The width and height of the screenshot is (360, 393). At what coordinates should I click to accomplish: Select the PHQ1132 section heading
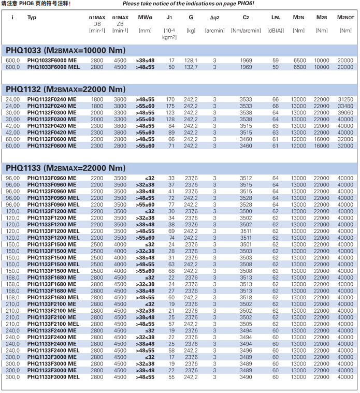(x=65, y=89)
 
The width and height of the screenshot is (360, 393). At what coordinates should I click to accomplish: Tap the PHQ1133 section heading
(x=65, y=168)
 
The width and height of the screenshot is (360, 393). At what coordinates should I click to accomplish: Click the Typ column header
(x=32, y=17)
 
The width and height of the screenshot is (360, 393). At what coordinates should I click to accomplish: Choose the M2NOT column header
(x=345, y=17)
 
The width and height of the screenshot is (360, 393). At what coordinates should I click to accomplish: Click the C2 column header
(x=246, y=17)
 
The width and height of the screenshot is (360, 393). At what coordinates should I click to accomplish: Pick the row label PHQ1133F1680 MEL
(x=53, y=298)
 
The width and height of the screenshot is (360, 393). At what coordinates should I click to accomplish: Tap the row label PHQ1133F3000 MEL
(x=53, y=377)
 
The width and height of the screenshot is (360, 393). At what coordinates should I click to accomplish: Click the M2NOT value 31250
(x=345, y=99)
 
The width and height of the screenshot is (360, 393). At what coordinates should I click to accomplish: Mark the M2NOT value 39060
(x=345, y=112)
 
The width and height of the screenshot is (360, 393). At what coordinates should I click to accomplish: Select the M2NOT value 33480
(x=345, y=106)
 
